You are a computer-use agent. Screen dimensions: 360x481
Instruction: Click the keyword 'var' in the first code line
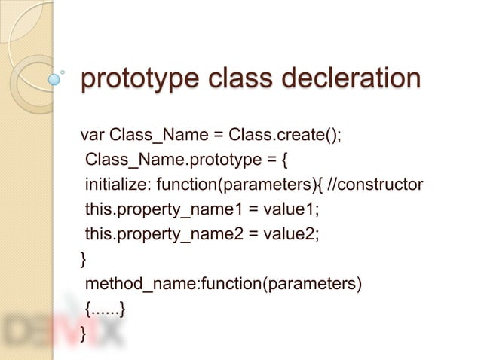92,136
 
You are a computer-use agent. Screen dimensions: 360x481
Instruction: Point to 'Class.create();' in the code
282,136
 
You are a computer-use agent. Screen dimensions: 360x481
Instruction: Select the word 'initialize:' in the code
116,185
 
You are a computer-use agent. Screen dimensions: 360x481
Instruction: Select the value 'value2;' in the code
294,234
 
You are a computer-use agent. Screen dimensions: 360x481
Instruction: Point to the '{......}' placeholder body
105,308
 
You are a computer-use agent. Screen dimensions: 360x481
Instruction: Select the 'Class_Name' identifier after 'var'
155,136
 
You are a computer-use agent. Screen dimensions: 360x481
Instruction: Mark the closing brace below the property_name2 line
84,259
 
